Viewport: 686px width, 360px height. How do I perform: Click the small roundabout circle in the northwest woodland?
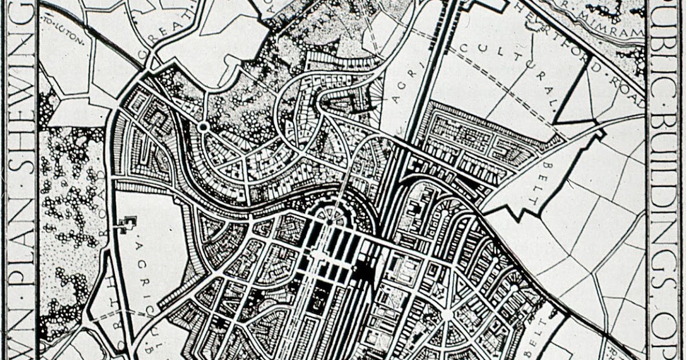point(202,126)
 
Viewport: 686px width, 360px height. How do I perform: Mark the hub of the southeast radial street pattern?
point(446,315)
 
